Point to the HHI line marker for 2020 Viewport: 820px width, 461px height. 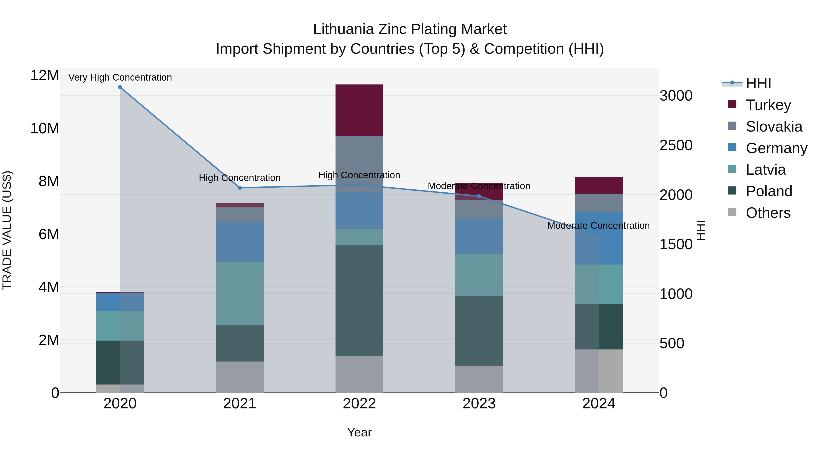(120, 87)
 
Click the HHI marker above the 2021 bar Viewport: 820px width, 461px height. (240, 188)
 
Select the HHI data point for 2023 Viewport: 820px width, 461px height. (479, 196)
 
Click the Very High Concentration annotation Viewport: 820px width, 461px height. (120, 77)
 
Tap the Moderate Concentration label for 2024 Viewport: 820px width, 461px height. (598, 226)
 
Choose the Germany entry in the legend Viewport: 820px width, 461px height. (776, 148)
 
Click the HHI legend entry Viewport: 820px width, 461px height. (758, 83)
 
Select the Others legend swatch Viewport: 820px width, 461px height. (732, 212)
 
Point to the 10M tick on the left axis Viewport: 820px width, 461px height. (45, 129)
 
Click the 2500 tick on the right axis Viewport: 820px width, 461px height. (676, 145)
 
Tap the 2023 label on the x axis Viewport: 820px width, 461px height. (479, 404)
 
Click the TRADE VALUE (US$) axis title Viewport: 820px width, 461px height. (7, 230)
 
